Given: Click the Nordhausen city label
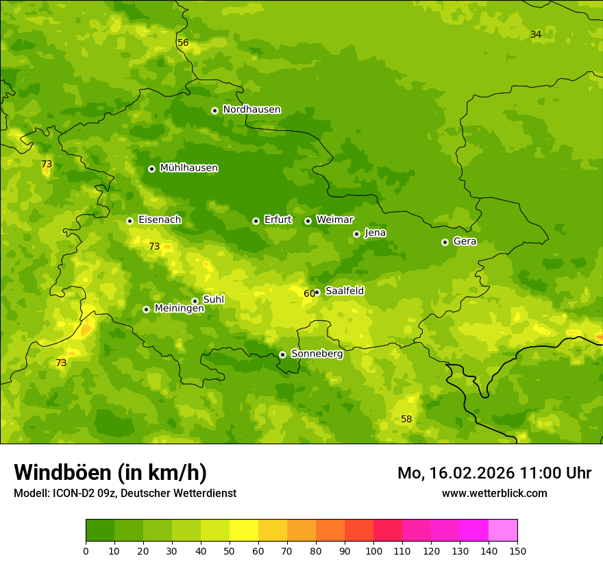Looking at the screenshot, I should (251, 110).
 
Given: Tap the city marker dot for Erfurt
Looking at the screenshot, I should (256, 221).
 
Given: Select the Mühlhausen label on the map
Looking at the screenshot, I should (188, 168).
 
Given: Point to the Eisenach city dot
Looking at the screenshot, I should (130, 221).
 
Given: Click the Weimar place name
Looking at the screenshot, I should (334, 220).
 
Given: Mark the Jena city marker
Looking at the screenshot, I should (356, 234).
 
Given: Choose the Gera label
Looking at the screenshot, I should (465, 241).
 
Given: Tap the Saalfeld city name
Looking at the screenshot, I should (345, 291).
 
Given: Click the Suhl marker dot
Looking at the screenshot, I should (195, 301).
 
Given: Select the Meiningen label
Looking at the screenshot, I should (179, 309).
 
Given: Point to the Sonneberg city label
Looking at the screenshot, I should (317, 354).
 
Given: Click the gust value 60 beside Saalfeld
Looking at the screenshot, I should (309, 293).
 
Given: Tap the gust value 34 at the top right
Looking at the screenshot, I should (536, 34).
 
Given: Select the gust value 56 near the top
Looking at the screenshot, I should (183, 43).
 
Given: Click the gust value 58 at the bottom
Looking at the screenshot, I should (406, 419).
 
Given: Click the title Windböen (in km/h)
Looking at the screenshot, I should (110, 472).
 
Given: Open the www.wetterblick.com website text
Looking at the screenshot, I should (494, 493).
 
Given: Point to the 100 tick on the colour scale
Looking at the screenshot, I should (373, 550).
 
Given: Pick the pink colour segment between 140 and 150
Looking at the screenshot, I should (503, 531).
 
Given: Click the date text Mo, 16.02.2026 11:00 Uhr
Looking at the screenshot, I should (494, 473).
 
